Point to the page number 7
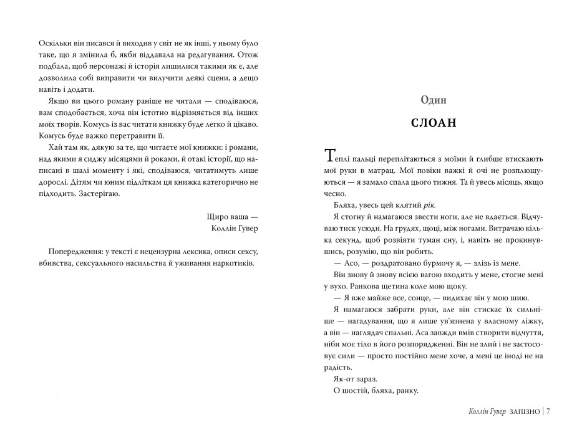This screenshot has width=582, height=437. click(555, 411)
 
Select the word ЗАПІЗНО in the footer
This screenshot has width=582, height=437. click(526, 411)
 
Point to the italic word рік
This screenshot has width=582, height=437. click(421, 205)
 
